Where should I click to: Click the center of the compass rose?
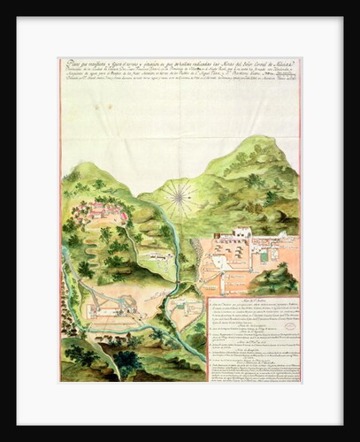point(180,197)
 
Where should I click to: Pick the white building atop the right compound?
point(241,232)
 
